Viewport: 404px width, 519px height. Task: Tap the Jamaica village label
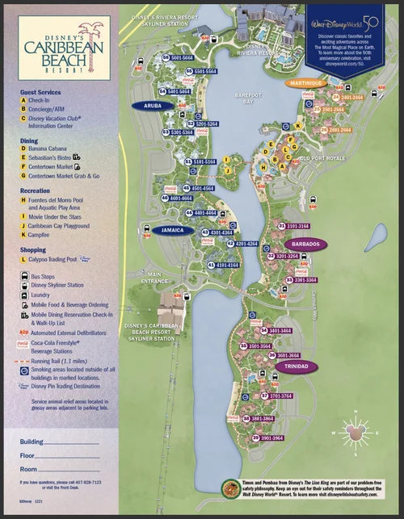coord(171,230)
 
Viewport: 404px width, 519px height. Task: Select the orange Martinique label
coord(304,83)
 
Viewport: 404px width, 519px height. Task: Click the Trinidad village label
coord(292,366)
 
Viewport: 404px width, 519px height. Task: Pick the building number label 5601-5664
coord(182,58)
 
